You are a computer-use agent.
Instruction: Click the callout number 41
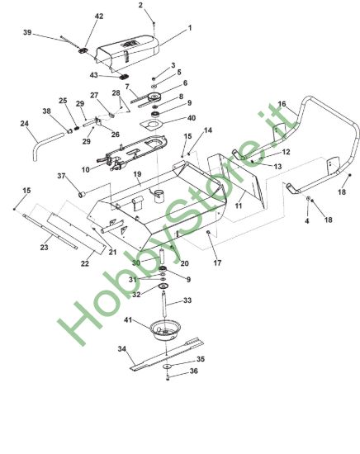[x=128, y=320]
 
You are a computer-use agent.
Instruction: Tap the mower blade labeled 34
[x=167, y=354]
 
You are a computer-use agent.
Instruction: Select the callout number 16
[x=282, y=104]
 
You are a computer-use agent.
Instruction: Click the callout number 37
[x=61, y=176]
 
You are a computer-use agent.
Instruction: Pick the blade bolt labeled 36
[x=168, y=377]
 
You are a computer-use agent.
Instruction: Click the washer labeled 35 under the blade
[x=167, y=367]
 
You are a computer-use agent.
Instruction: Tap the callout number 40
[x=192, y=118]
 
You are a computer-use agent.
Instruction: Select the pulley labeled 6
[x=156, y=97]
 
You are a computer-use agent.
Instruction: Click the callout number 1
[x=190, y=28]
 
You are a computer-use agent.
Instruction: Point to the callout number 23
[x=44, y=248]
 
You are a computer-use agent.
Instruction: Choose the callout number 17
[x=217, y=262]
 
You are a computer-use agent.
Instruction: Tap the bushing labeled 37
[x=82, y=194]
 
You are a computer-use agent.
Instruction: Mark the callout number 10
[x=86, y=169]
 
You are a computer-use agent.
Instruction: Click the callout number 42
[x=99, y=17]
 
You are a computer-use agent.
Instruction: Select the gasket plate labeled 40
[x=151, y=124]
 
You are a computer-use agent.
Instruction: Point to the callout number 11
[x=239, y=206]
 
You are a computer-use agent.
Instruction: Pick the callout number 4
[x=307, y=221]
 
